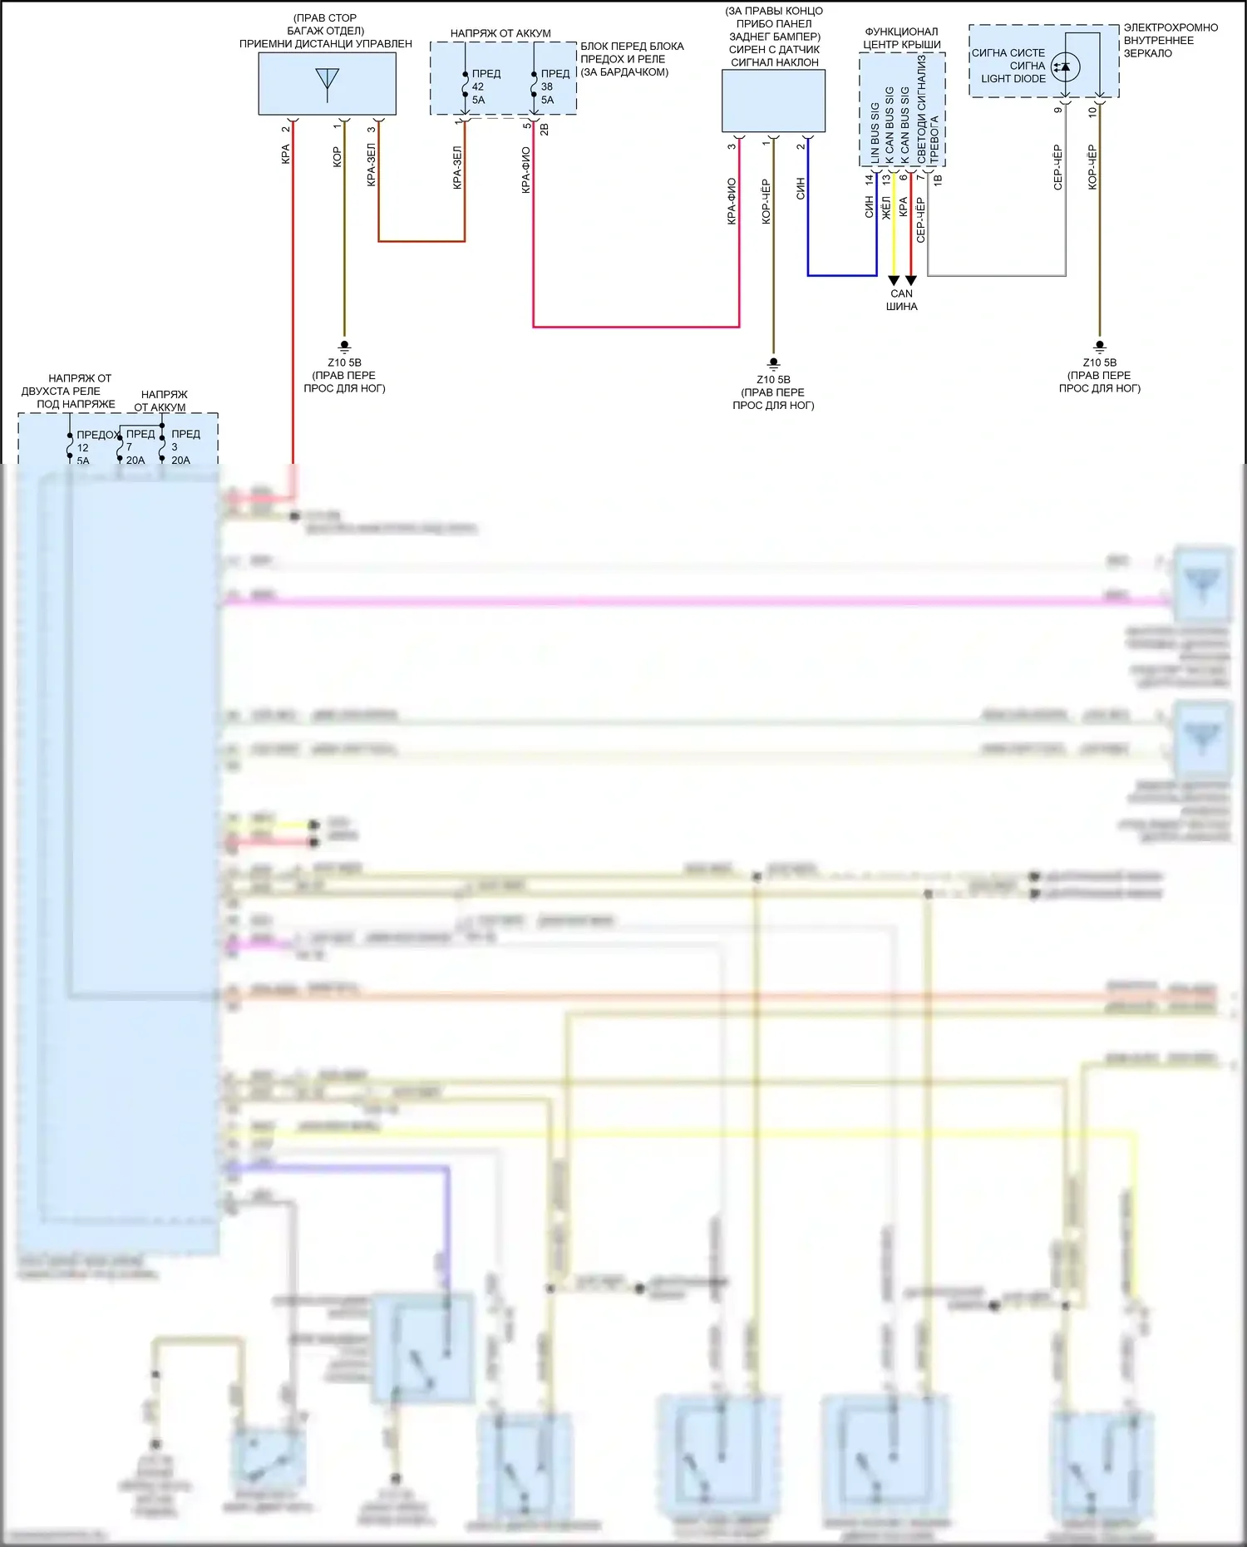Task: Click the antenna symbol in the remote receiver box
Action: [x=328, y=80]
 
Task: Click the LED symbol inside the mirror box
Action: [x=1065, y=67]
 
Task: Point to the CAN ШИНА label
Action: [x=901, y=299]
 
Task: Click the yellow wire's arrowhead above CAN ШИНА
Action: [x=894, y=281]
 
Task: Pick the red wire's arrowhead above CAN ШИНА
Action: [x=911, y=281]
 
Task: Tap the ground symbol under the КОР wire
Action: [x=344, y=346]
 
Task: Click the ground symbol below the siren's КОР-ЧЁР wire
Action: [x=773, y=363]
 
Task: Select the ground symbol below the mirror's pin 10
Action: [x=1099, y=346]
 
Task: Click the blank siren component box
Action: [x=773, y=101]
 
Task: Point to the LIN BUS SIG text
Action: [x=875, y=133]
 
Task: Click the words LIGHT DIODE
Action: [x=1013, y=79]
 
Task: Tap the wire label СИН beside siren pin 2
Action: [x=801, y=189]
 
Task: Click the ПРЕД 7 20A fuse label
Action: [x=139, y=446]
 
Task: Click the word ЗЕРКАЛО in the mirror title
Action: [x=1147, y=53]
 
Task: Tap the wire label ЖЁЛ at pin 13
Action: [x=886, y=208]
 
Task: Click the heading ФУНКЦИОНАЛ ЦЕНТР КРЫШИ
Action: [x=901, y=38]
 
